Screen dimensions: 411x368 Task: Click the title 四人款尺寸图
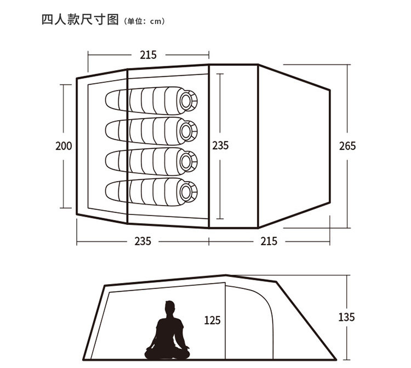click(x=80, y=20)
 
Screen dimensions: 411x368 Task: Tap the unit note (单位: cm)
click(x=145, y=21)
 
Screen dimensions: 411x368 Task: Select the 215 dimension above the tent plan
click(x=148, y=55)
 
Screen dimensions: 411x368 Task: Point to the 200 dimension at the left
click(x=64, y=146)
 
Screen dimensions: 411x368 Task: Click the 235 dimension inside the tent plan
click(x=220, y=145)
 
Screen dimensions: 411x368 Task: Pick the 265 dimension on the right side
click(x=347, y=146)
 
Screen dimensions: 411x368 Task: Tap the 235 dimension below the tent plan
click(x=143, y=241)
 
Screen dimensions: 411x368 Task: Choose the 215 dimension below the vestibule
click(x=269, y=241)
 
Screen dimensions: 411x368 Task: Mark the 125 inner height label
click(x=212, y=320)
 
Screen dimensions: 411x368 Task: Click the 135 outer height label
click(x=346, y=317)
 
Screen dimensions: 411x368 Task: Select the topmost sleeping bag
click(x=151, y=101)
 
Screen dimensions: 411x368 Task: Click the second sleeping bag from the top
click(x=151, y=131)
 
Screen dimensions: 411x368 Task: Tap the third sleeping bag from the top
click(x=151, y=162)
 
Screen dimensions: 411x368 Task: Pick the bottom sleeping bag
click(x=151, y=192)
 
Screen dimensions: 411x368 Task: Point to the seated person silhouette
click(x=167, y=330)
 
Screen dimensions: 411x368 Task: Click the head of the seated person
click(x=169, y=308)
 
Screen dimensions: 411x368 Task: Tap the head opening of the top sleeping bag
click(x=186, y=101)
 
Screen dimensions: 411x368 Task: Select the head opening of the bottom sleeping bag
click(x=186, y=193)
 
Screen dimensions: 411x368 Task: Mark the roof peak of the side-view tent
click(x=226, y=275)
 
